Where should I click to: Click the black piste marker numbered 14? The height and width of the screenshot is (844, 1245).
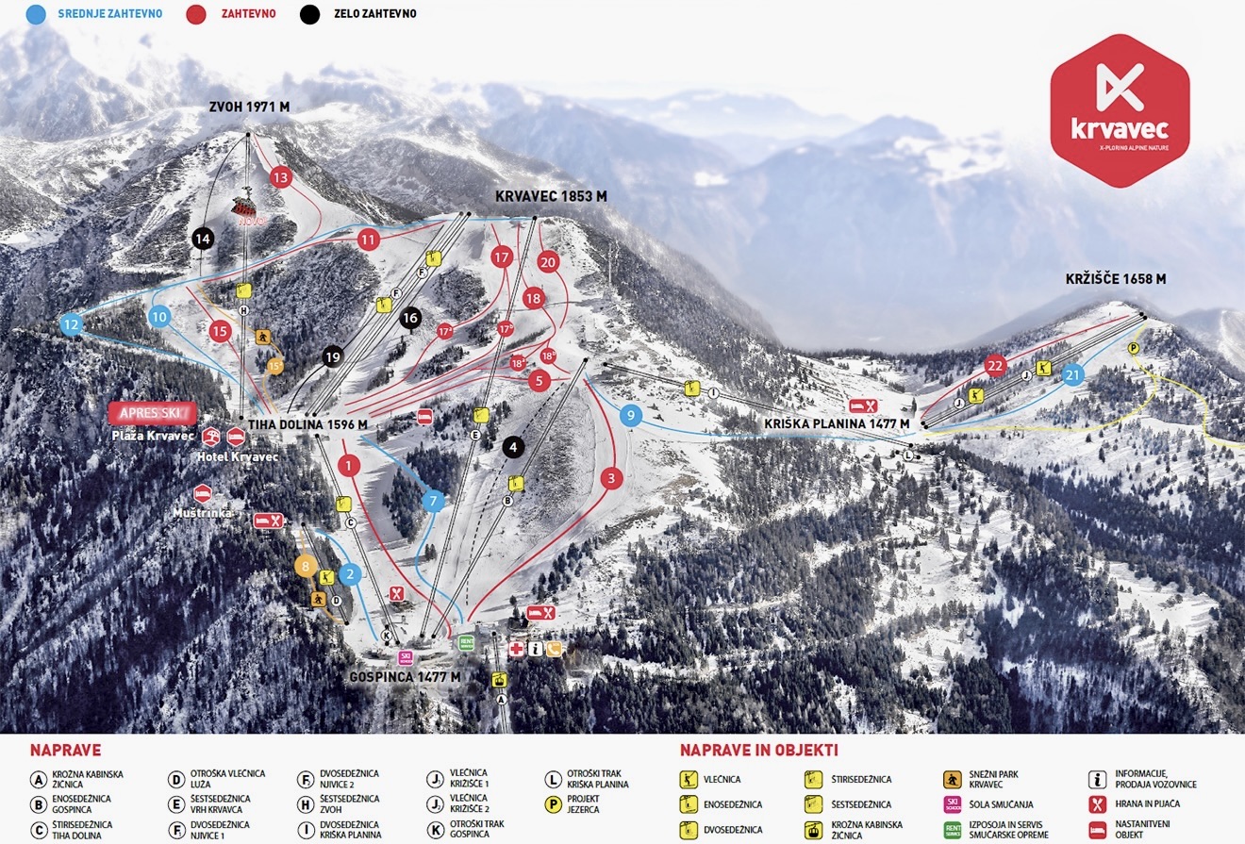tap(202, 239)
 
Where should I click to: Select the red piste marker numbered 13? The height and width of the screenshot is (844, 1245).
tap(280, 176)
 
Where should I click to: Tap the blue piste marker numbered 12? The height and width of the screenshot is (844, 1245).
tap(72, 325)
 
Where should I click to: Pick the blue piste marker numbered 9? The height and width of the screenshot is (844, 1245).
tap(631, 414)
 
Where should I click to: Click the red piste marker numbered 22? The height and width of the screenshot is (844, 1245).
tap(995, 365)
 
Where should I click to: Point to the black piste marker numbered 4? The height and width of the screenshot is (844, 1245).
tap(512, 447)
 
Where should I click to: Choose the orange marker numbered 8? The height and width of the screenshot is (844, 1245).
tap(306, 566)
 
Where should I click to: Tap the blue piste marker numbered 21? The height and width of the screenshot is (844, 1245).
tap(1072, 374)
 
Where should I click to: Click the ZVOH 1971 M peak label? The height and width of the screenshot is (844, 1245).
tap(249, 108)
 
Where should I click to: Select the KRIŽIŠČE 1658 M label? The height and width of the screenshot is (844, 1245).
tap(1116, 279)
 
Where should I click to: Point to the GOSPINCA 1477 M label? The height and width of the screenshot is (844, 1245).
tap(405, 677)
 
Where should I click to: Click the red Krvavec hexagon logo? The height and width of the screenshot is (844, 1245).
tap(1120, 110)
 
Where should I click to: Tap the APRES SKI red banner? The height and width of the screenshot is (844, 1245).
tap(152, 412)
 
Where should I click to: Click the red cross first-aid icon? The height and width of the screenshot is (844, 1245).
tap(516, 649)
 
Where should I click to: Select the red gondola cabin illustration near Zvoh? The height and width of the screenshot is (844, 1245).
tap(245, 208)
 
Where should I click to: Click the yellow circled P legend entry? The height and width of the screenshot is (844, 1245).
tap(554, 804)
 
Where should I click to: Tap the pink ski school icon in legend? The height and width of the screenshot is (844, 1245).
tap(953, 804)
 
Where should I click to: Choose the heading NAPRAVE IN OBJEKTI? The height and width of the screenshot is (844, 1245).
tap(758, 751)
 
